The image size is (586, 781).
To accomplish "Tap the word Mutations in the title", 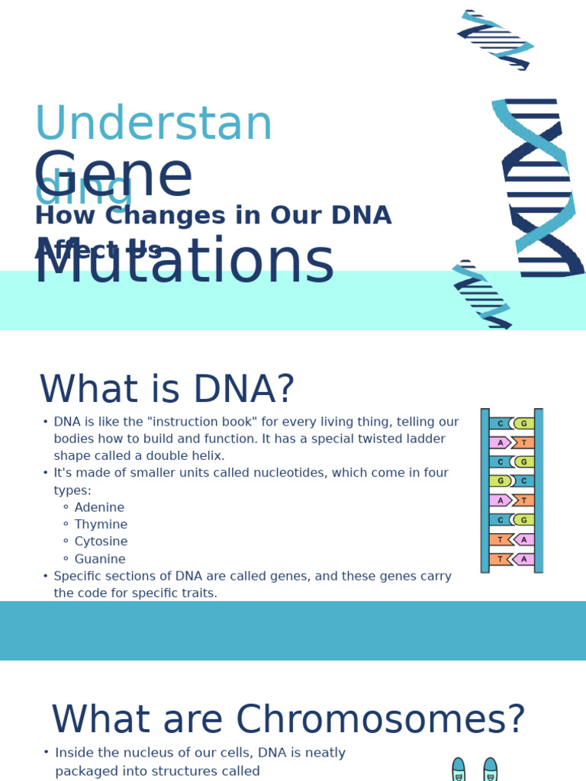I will coord(184,263).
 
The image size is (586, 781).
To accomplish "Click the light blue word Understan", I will coord(153,124).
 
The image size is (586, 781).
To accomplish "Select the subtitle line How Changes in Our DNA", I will coord(213,216).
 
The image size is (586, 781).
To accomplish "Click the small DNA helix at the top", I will coord(495,40).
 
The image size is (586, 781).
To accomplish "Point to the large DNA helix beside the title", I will coord(539,187).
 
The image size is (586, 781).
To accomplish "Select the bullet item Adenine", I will coord(99,508).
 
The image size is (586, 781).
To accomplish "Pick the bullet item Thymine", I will coord(101,525).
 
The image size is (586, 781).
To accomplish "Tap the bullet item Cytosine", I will coord(101,542).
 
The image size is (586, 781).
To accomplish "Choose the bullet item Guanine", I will coord(100,559).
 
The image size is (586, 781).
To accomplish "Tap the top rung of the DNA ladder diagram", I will coord(511,423).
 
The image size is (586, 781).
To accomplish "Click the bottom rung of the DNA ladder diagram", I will coord(511,559).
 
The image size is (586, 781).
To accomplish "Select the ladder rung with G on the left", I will coord(511,481).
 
